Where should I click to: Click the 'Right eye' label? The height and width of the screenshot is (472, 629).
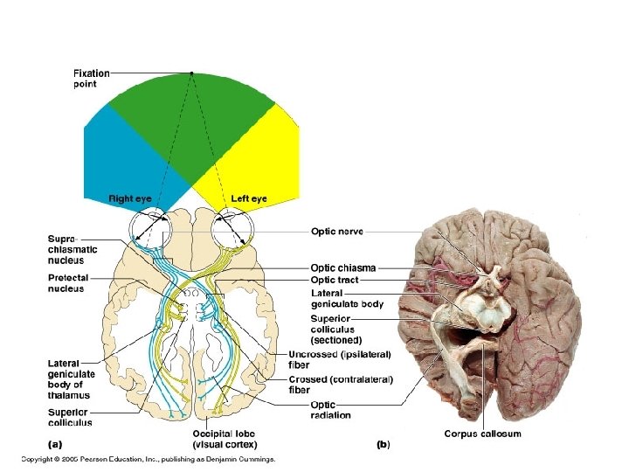click(130, 198)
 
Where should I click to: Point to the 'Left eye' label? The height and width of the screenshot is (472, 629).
click(249, 198)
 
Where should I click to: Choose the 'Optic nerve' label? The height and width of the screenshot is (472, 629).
click(337, 232)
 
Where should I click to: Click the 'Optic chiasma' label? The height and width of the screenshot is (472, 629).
click(343, 267)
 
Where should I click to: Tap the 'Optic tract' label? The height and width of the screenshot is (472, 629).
click(335, 280)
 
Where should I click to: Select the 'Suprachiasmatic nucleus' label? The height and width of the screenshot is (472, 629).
click(73, 250)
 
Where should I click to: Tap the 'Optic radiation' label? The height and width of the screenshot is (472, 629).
click(330, 410)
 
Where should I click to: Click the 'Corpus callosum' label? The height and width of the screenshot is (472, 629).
click(482, 434)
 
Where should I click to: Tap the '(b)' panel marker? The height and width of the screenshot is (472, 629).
click(383, 444)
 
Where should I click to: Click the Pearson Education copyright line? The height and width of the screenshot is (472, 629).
click(149, 458)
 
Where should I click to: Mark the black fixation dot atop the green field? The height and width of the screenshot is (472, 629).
click(191, 73)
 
